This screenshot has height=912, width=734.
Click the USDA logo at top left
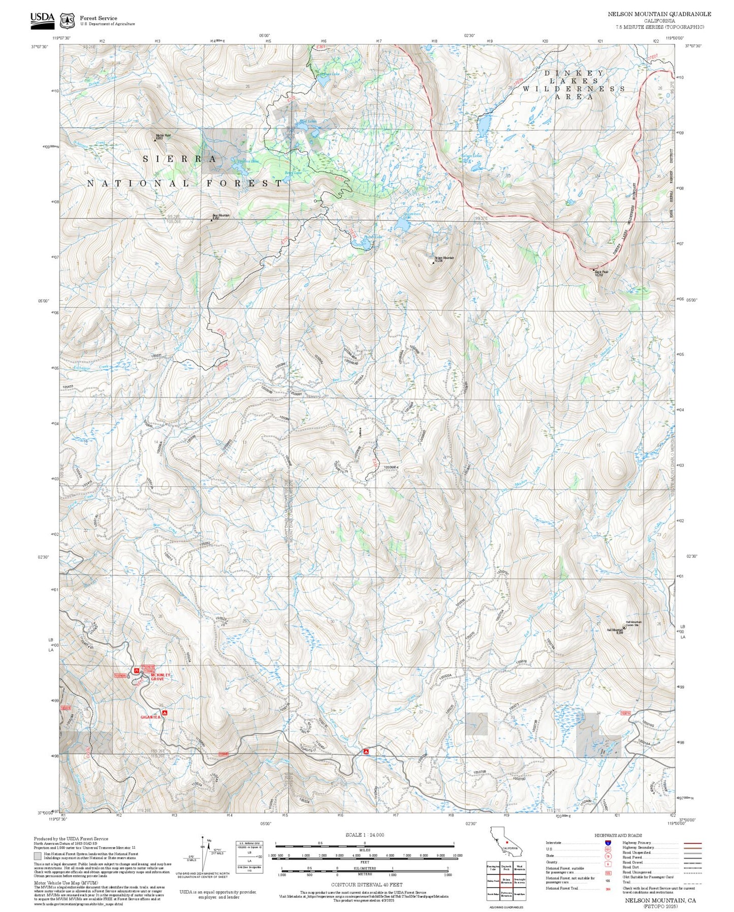click(x=42, y=19)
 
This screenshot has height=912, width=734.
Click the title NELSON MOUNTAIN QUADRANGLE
click(x=659, y=14)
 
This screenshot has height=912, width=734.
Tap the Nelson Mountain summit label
click(x=444, y=259)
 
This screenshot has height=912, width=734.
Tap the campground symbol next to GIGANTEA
click(x=165, y=713)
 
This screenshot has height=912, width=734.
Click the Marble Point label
click(x=163, y=136)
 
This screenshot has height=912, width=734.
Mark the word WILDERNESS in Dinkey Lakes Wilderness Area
click(x=574, y=88)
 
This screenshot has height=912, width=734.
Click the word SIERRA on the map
click(x=180, y=159)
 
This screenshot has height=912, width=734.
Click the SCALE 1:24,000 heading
click(x=364, y=835)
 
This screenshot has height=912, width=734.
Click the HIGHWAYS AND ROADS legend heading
click(x=618, y=835)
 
